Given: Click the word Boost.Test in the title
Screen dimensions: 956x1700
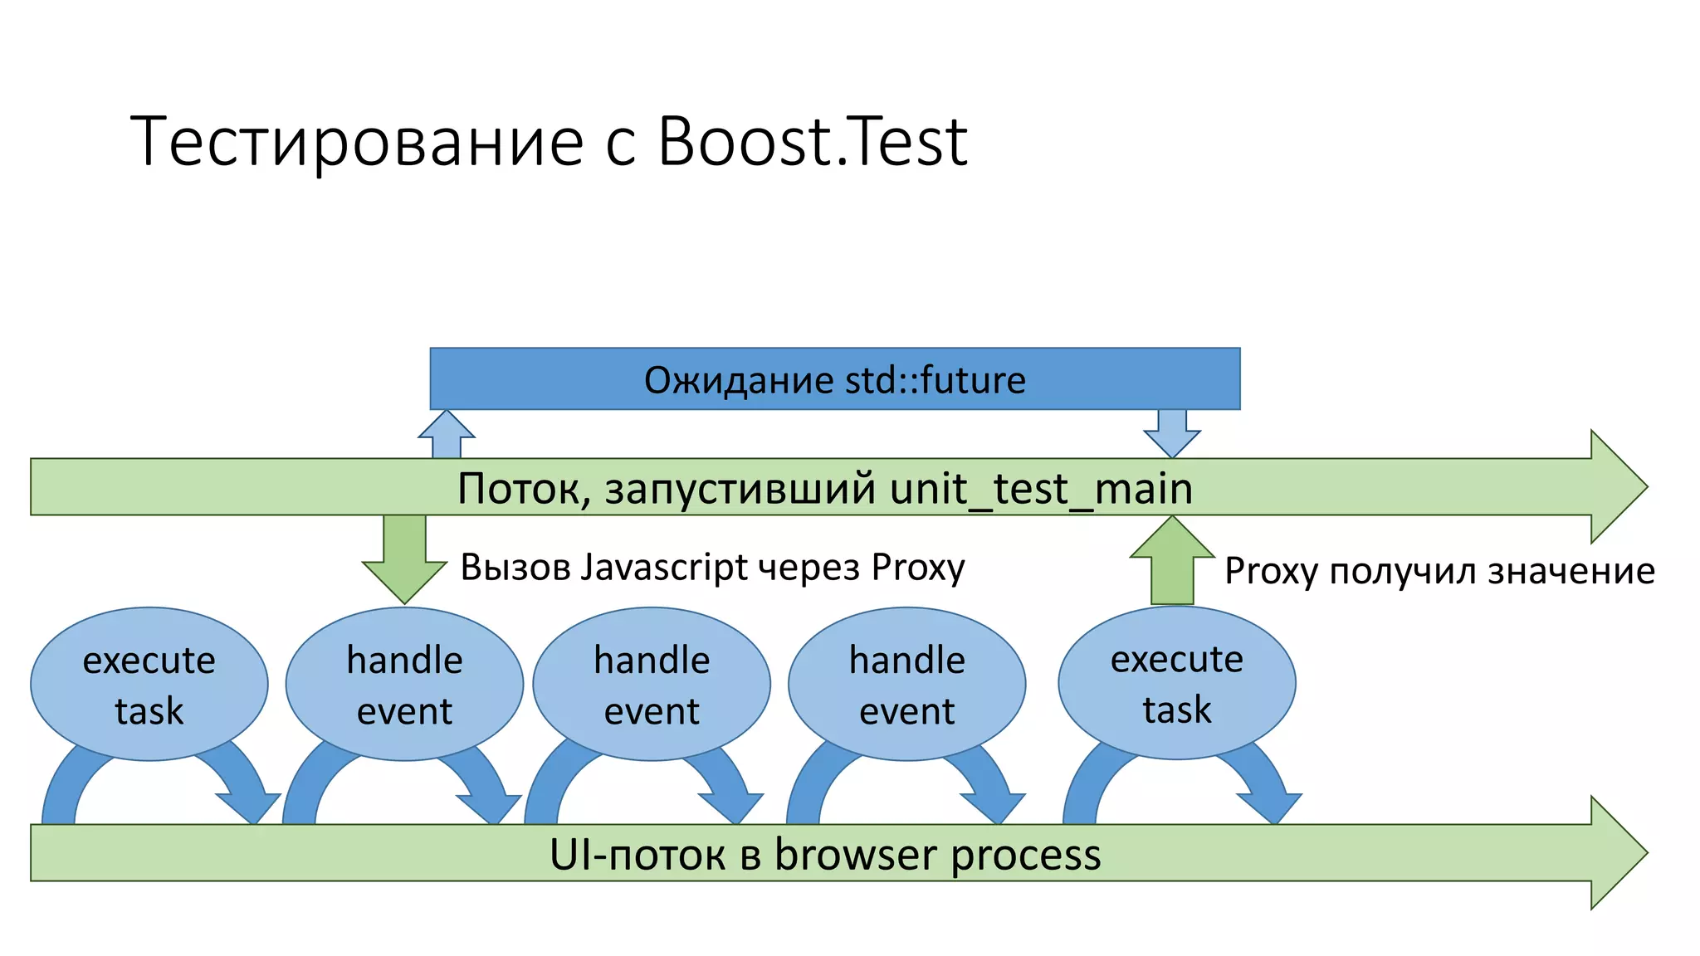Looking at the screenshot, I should [x=812, y=141].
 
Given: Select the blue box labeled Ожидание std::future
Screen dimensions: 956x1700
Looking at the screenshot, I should [x=834, y=379].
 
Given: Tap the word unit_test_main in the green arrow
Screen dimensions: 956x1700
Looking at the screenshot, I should [x=1041, y=488].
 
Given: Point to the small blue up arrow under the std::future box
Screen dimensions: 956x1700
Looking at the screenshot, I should [x=447, y=435].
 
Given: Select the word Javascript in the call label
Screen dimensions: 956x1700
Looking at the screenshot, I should [x=664, y=568].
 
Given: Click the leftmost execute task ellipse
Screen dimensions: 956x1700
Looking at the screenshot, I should [x=149, y=684].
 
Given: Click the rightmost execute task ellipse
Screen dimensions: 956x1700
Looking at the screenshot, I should [x=1176, y=683].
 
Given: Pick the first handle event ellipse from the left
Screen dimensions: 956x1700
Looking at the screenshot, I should [x=404, y=684].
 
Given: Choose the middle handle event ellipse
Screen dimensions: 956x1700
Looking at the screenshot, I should [x=652, y=684].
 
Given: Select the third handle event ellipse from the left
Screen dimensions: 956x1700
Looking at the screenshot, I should [x=906, y=684].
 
